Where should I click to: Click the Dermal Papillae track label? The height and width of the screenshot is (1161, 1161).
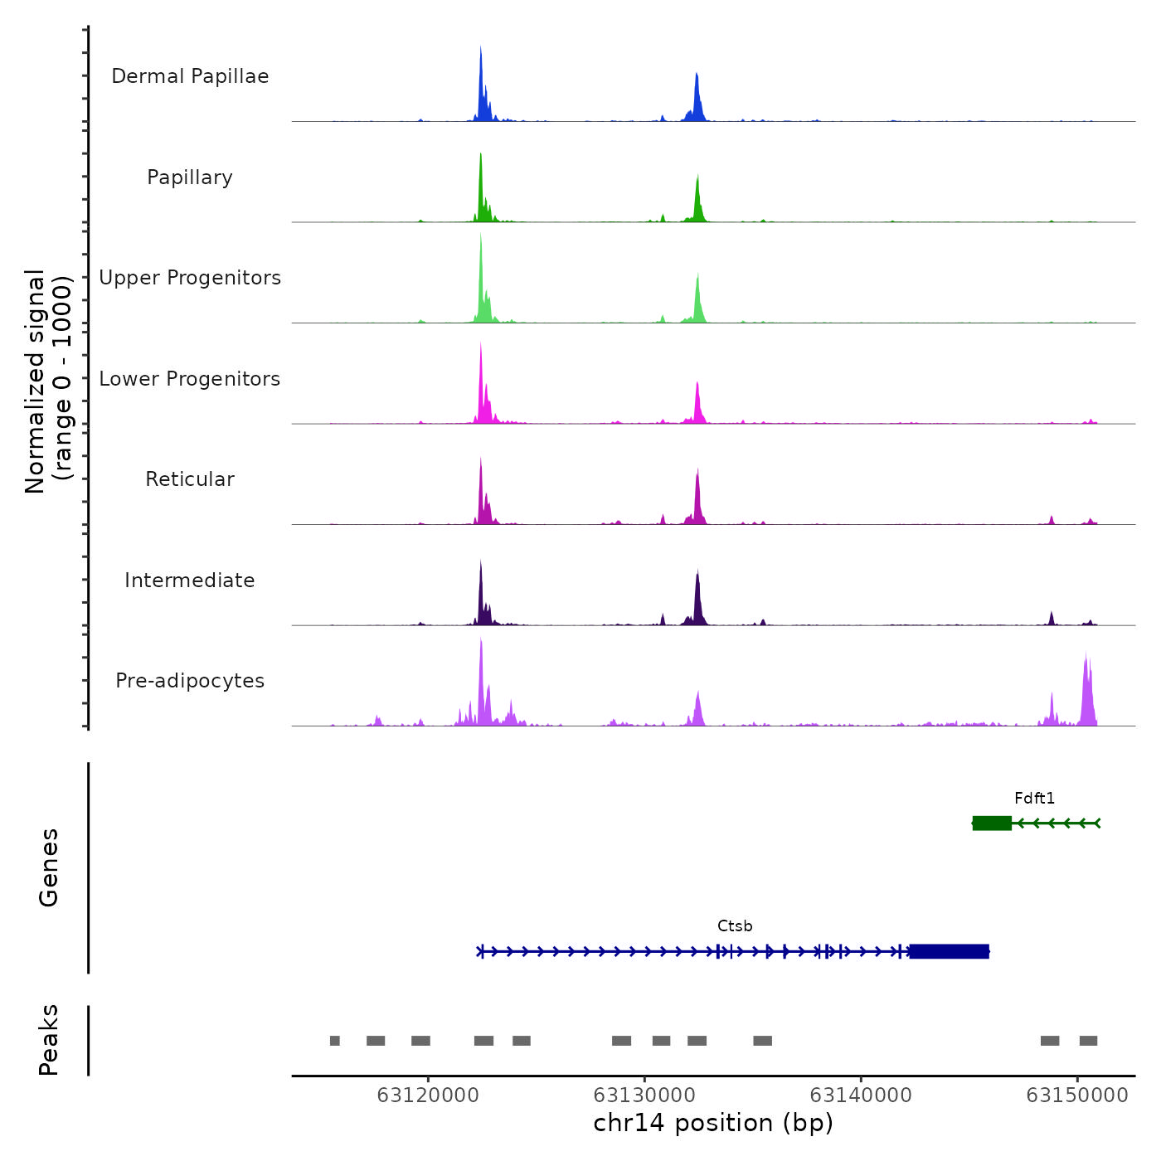coord(190,76)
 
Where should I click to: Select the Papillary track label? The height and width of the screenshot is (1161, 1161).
coord(190,177)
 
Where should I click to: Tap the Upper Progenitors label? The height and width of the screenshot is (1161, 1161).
coord(190,278)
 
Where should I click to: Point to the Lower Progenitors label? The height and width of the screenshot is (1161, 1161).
coord(190,379)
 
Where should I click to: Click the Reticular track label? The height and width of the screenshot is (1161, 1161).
coord(190,479)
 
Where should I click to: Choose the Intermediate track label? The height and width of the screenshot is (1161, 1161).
coord(190,580)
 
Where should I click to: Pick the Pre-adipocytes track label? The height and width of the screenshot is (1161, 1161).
coord(190,681)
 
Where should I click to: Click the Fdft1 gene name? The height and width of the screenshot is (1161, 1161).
coord(1034,799)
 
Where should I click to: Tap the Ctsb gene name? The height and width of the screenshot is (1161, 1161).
coord(735,926)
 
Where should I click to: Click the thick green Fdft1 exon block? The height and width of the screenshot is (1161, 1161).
coord(992,823)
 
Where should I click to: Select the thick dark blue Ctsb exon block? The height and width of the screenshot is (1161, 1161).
coord(949,951)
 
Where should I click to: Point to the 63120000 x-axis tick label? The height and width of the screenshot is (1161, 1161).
coord(428,1095)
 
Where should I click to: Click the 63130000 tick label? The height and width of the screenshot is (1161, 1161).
coord(644,1095)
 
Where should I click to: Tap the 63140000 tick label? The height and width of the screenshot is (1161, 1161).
coord(861,1095)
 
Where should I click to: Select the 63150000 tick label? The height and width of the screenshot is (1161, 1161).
coord(1077,1095)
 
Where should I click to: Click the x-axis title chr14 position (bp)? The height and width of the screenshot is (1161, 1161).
coord(713,1123)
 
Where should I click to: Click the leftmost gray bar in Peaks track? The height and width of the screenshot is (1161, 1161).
coord(334,1041)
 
